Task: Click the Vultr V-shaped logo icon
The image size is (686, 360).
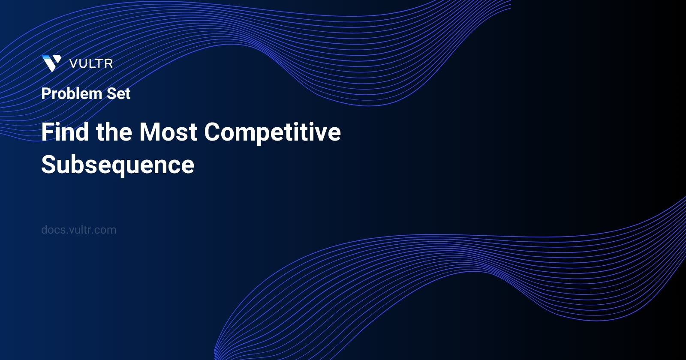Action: click(51, 63)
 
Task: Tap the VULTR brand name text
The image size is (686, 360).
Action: click(91, 64)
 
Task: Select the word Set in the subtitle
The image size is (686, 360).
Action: click(118, 93)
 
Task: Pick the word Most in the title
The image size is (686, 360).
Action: click(168, 132)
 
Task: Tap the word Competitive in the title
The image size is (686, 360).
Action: click(272, 132)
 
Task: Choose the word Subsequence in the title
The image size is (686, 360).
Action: click(117, 165)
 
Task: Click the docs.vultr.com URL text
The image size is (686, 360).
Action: click(78, 230)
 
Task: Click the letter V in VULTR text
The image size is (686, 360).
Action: click(73, 64)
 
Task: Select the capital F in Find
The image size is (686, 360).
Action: click(47, 132)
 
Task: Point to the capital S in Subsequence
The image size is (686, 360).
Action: click(48, 165)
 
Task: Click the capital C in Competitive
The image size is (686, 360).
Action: click(212, 132)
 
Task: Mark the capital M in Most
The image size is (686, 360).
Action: click(149, 132)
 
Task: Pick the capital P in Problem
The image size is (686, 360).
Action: click(45, 93)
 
